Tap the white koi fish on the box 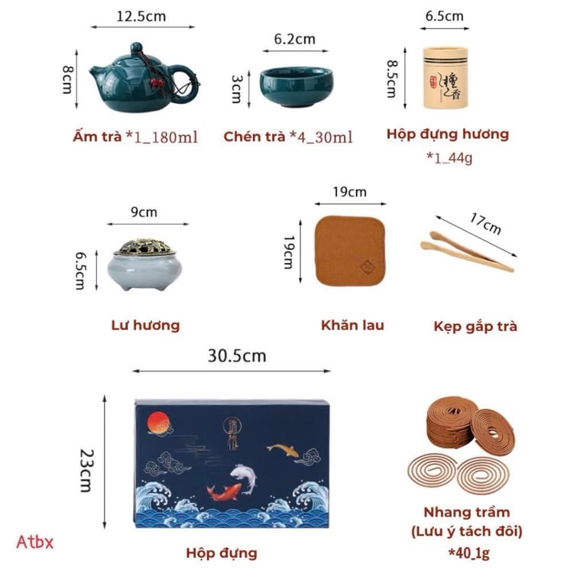[242, 476]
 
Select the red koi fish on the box [225, 493]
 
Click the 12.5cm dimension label [141, 15]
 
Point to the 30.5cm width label [236, 355]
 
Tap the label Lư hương [145, 325]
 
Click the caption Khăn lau [352, 325]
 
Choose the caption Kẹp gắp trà [475, 326]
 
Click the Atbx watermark [35, 542]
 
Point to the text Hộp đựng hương [447, 135]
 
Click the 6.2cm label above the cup [294, 38]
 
